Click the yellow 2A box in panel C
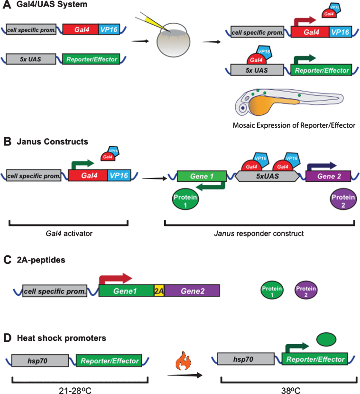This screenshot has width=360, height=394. pyautogui.click(x=159, y=291)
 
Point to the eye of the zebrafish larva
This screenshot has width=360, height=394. pyautogui.click(x=243, y=108)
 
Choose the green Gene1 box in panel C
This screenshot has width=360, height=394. pyautogui.click(x=126, y=291)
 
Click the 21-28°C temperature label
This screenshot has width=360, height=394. pyautogui.click(x=80, y=387)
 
